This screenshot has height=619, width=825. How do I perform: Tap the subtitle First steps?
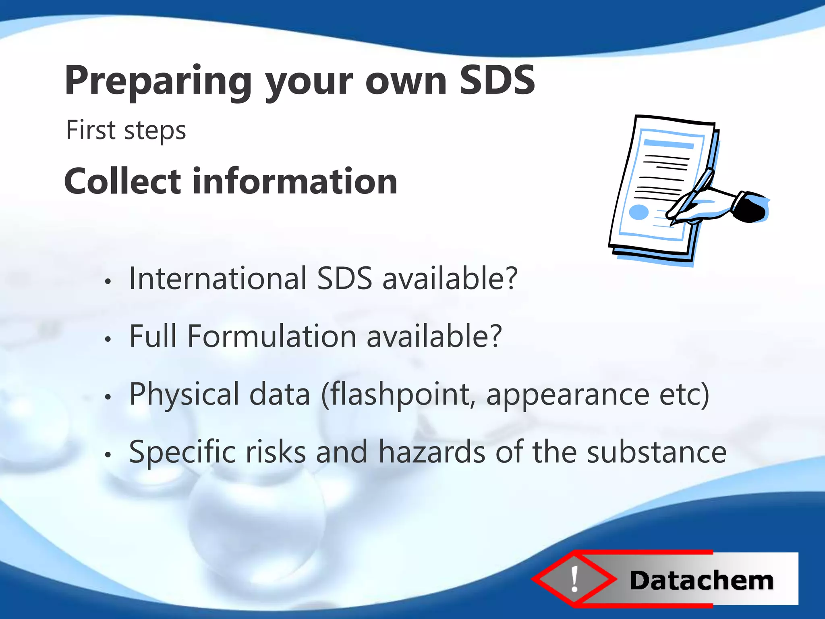point(126,130)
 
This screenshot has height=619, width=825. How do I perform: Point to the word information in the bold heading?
point(295,181)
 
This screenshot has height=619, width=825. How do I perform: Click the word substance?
point(656,452)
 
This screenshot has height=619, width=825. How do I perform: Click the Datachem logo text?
point(701,581)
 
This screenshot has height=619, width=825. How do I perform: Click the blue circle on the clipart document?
point(638,212)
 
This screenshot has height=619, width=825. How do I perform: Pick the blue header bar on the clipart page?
point(668,144)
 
